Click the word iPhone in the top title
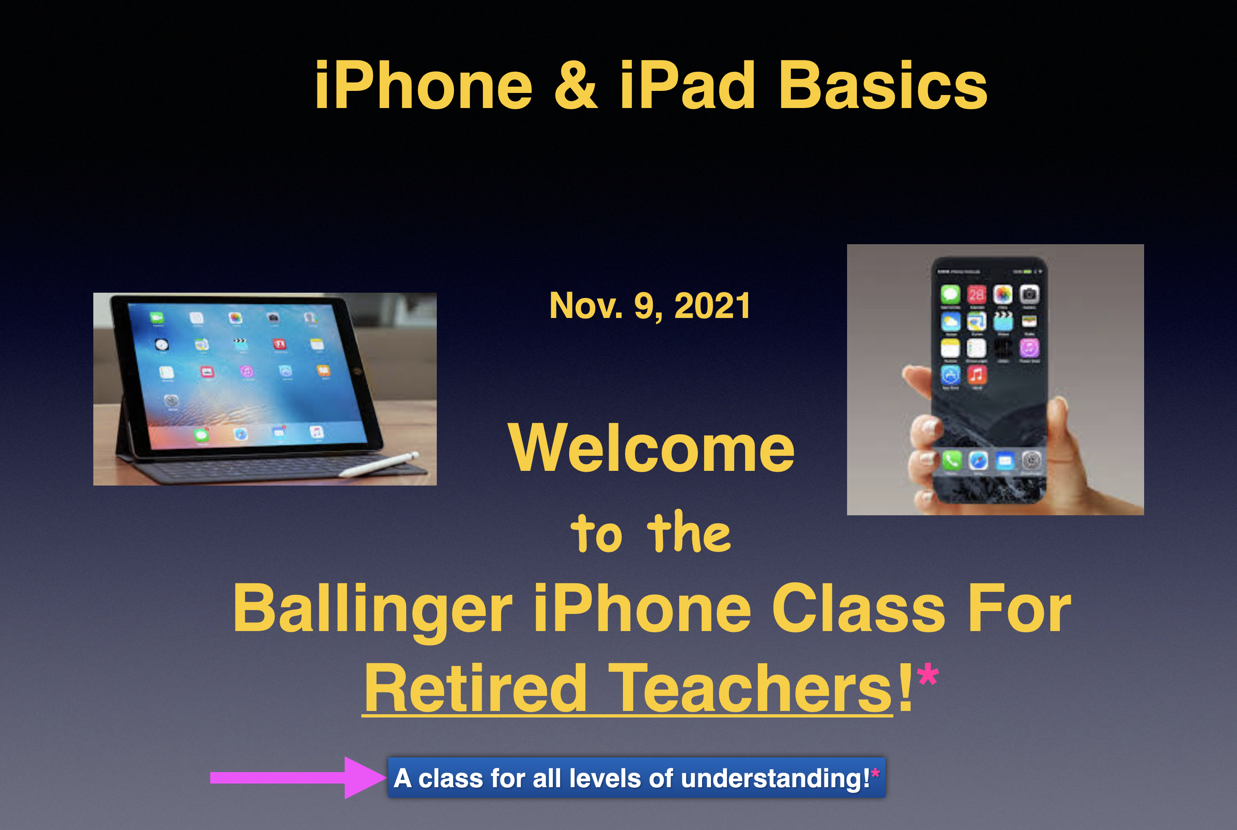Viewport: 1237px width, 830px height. (x=424, y=85)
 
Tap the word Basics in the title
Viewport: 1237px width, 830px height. (x=883, y=85)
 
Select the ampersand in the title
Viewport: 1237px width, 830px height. (x=576, y=85)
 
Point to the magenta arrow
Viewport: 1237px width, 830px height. (x=298, y=777)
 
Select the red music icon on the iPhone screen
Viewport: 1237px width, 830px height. (x=977, y=375)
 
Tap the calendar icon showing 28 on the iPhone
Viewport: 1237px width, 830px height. (x=977, y=294)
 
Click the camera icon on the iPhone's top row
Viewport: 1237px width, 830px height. (x=1029, y=294)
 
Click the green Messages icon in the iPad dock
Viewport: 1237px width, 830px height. (x=201, y=435)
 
